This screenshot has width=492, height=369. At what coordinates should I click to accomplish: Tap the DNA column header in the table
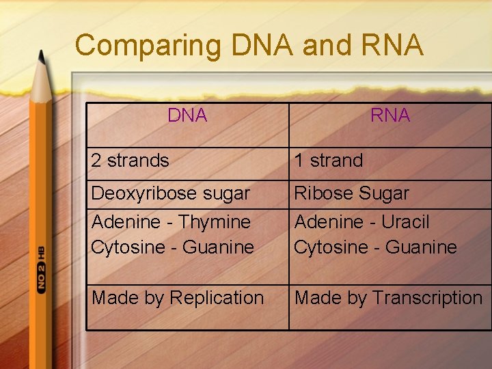(187, 115)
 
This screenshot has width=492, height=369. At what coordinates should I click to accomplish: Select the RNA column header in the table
(390, 115)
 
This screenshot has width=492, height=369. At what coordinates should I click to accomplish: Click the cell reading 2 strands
(130, 161)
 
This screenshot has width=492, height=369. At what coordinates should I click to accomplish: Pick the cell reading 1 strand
(328, 161)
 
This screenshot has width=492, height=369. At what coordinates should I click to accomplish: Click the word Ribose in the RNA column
(322, 193)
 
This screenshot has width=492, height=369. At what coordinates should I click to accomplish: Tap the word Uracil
(405, 222)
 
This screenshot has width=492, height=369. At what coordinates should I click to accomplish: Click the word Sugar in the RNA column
(385, 193)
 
